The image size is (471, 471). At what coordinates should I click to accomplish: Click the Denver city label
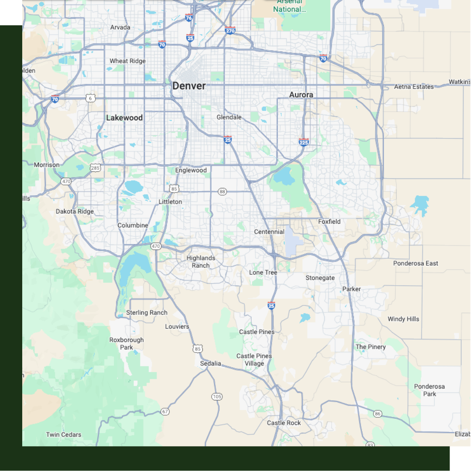pyautogui.click(x=189, y=86)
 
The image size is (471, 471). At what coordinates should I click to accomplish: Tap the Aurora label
pyautogui.click(x=301, y=95)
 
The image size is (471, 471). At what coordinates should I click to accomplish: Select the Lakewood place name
pyautogui.click(x=124, y=118)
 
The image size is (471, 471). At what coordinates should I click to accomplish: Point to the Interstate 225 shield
pyautogui.click(x=304, y=142)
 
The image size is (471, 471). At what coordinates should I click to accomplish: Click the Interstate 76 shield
pyautogui.click(x=188, y=17)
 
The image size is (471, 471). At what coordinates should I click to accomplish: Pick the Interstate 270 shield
pyautogui.click(x=230, y=30)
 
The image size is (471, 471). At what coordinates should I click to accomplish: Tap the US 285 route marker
pyautogui.click(x=95, y=167)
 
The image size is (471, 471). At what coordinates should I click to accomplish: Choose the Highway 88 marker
pyautogui.click(x=223, y=191)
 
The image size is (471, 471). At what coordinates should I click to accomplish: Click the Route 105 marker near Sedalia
pyautogui.click(x=217, y=396)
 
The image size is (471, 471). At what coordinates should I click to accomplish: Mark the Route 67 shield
pyautogui.click(x=165, y=411)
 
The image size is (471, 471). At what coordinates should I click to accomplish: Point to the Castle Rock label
pyautogui.click(x=284, y=423)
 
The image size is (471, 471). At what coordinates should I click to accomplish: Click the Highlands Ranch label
pyautogui.click(x=201, y=262)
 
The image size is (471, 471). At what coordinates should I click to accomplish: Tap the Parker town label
pyautogui.click(x=352, y=289)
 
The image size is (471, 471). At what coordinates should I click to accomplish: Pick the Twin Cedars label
pyautogui.click(x=64, y=435)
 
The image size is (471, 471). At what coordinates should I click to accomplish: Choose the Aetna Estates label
pyautogui.click(x=414, y=87)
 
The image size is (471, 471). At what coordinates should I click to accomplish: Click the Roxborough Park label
pyautogui.click(x=126, y=344)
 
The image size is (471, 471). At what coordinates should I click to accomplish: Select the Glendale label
pyautogui.click(x=229, y=117)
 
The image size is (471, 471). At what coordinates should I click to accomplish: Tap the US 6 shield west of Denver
pyautogui.click(x=90, y=99)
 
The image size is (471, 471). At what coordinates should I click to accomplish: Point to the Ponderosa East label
pyautogui.click(x=416, y=263)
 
